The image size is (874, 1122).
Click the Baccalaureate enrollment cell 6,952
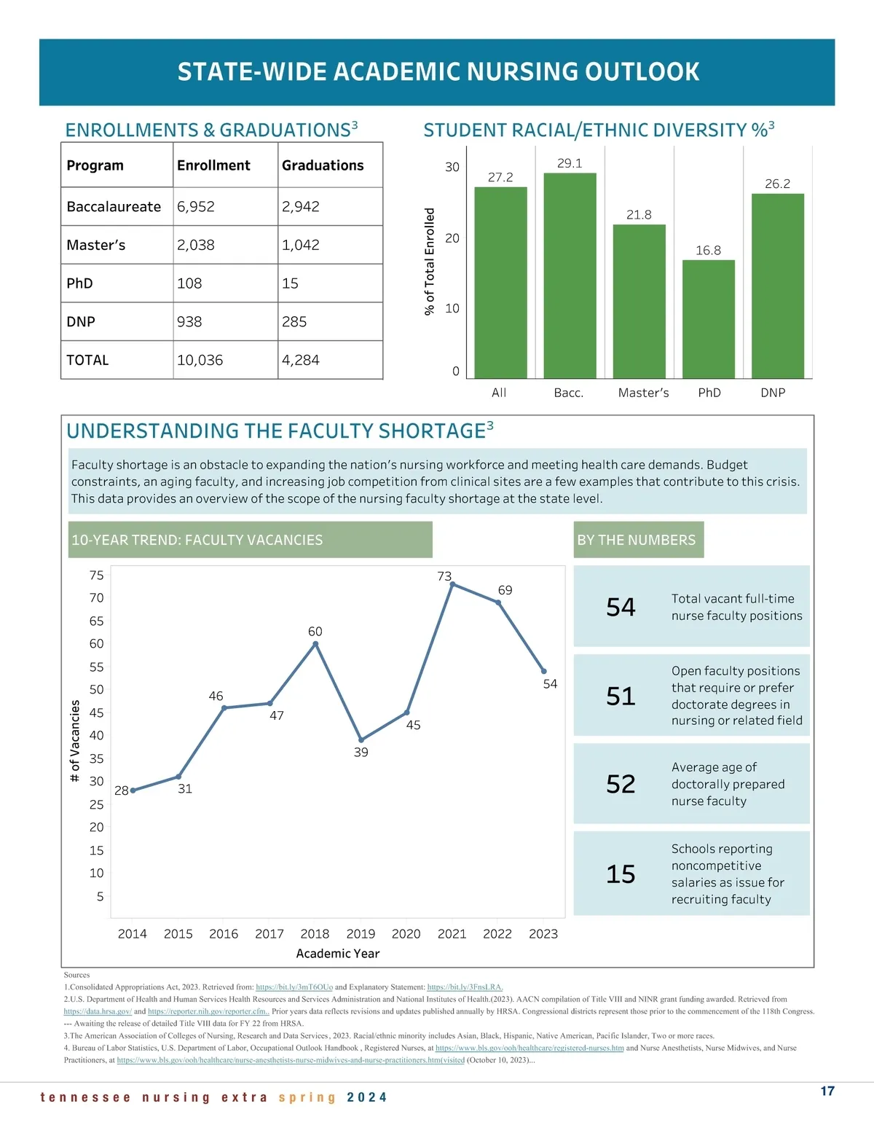pyautogui.click(x=196, y=207)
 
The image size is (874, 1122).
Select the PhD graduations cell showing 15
pyautogui.click(x=291, y=283)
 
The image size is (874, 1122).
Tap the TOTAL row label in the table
pyautogui.click(x=87, y=360)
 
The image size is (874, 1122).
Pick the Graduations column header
pyautogui.click(x=323, y=165)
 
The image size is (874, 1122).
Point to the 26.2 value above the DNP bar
pyautogui.click(x=777, y=184)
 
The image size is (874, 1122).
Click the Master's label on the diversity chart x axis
pyautogui.click(x=643, y=393)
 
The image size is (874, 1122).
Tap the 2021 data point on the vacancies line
pyautogui.click(x=452, y=584)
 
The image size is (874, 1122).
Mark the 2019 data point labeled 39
pyautogui.click(x=361, y=739)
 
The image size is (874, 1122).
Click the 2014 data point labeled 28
pyautogui.click(x=133, y=790)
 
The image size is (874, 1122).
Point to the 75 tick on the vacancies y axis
pyautogui.click(x=96, y=576)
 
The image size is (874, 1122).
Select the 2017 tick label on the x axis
pyautogui.click(x=269, y=934)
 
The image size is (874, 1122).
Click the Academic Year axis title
pyautogui.click(x=338, y=954)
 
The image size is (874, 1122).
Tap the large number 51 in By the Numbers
pyautogui.click(x=621, y=697)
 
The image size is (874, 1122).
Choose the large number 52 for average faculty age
pyautogui.click(x=621, y=784)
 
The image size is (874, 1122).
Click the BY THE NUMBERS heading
pyautogui.click(x=637, y=540)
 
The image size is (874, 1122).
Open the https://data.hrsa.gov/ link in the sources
pyautogui.click(x=98, y=1011)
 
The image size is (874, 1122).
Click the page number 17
pyautogui.click(x=827, y=1091)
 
